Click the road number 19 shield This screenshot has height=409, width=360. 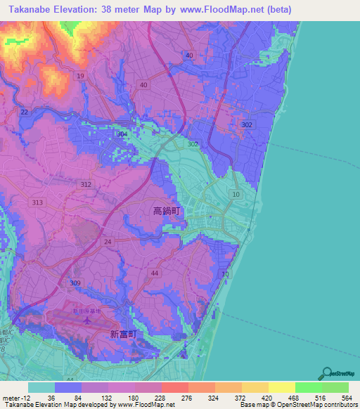81,76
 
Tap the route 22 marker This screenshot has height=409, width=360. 25,112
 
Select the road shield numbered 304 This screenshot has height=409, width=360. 122,134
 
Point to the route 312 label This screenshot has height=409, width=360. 86,184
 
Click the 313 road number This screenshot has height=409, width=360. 38,202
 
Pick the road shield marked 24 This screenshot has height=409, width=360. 108,241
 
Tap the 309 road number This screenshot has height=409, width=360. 75,283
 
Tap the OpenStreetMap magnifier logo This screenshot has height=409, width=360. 328,372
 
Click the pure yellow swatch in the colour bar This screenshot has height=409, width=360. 281,387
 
